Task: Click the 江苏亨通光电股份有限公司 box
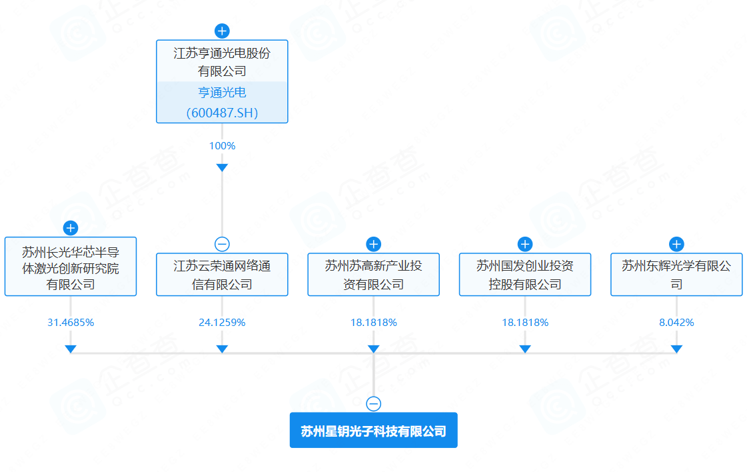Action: click(x=222, y=81)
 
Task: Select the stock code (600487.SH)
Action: click(x=222, y=113)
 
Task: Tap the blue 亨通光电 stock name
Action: click(x=222, y=92)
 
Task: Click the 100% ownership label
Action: click(x=222, y=146)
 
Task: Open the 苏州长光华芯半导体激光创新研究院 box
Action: click(x=71, y=267)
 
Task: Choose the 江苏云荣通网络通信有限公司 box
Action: click(x=222, y=275)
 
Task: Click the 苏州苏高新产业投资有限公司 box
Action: click(x=373, y=275)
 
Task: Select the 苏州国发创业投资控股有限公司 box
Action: click(x=525, y=275)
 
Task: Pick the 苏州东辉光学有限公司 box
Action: click(x=676, y=275)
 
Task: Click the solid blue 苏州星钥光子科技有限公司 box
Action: click(x=373, y=430)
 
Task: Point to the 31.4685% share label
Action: click(x=71, y=323)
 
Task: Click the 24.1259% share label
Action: click(x=222, y=323)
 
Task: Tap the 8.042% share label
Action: click(x=676, y=323)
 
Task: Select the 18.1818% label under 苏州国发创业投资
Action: click(x=525, y=323)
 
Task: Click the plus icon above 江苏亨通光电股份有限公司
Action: click(x=222, y=31)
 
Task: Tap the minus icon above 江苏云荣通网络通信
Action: click(x=222, y=244)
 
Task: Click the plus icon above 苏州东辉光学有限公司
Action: click(x=676, y=244)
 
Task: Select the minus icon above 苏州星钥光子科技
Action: click(x=373, y=404)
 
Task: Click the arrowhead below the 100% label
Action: click(x=222, y=167)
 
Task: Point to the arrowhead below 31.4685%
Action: click(x=71, y=349)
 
